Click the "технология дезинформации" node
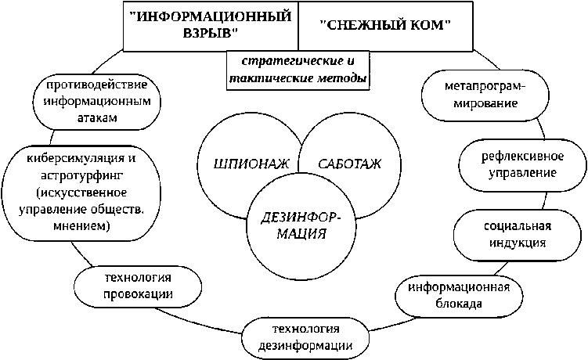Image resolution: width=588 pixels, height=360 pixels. (x=302, y=336)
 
